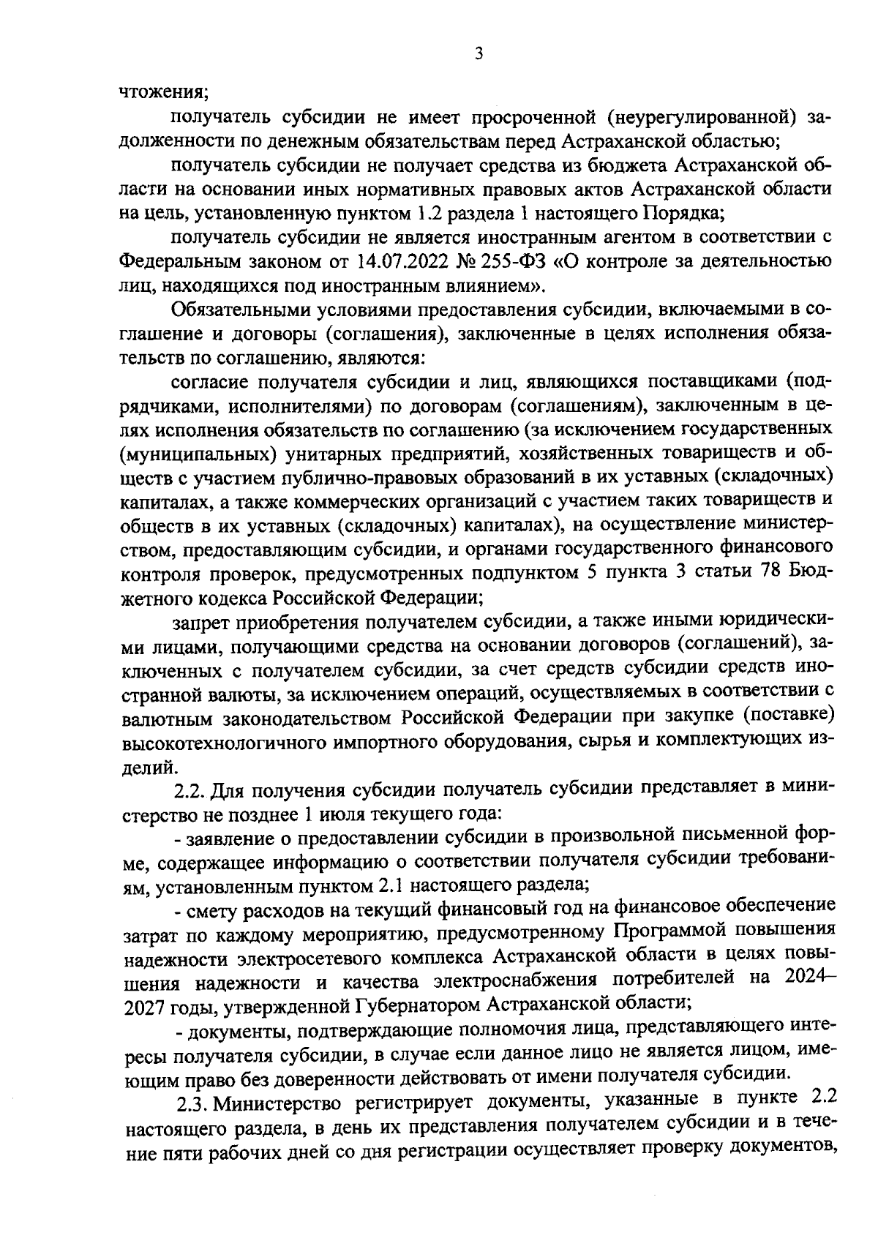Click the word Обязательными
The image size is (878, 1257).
pos(241,309)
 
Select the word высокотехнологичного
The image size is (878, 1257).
pos(222,741)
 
